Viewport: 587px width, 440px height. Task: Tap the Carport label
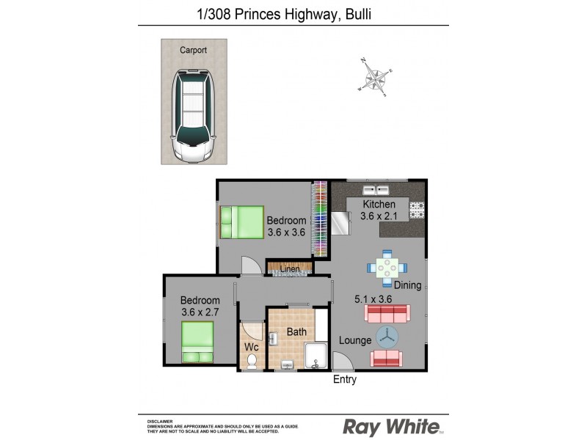193,50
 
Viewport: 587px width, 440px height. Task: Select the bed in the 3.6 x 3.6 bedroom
241,220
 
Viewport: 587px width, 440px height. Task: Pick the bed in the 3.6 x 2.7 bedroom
197,343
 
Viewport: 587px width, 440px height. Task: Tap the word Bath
296,332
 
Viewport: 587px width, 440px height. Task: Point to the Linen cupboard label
290,270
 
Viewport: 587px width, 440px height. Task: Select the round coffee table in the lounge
387,337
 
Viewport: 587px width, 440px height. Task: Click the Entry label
344,379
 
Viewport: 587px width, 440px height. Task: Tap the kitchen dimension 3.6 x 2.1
378,216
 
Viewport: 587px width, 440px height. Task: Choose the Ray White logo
392,426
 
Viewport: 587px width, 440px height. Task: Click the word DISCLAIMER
159,421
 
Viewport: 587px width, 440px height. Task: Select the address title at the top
293,13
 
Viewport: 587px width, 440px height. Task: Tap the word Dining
406,285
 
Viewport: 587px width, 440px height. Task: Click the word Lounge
354,341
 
